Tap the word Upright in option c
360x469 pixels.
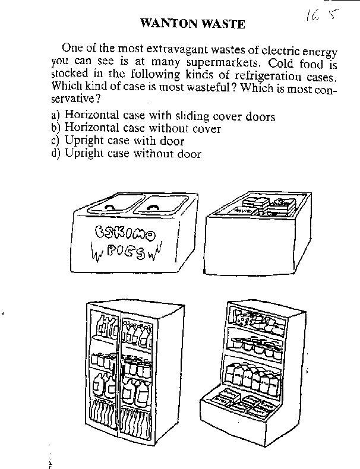(x=84, y=141)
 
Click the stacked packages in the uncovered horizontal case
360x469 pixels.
(x=263, y=206)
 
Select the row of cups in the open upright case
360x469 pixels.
(x=257, y=346)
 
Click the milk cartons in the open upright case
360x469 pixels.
(x=252, y=378)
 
